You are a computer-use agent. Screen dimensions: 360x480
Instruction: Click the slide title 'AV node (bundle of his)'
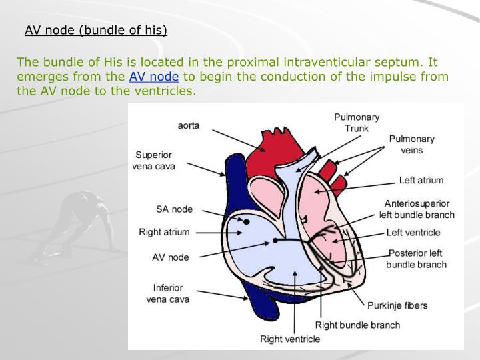[96, 30]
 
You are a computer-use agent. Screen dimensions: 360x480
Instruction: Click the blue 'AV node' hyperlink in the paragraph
[154, 76]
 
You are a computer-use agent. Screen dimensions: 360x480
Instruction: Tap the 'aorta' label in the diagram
[189, 125]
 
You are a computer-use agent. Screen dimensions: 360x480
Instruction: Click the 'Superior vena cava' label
[154, 161]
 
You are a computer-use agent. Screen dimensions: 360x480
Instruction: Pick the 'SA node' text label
[174, 209]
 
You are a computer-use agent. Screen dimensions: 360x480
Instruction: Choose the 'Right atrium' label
[164, 232]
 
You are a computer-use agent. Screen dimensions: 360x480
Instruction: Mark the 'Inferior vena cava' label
[167, 293]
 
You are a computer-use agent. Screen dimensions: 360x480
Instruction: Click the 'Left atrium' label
[421, 180]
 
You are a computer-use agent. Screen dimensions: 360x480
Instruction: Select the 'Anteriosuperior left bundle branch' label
[417, 209]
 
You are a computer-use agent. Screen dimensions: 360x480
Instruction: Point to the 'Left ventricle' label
[413, 233]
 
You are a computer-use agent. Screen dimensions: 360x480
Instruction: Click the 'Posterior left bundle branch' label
[417, 259]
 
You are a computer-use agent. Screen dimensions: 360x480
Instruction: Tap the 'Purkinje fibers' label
[397, 305]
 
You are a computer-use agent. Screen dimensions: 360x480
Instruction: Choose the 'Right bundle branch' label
[357, 325]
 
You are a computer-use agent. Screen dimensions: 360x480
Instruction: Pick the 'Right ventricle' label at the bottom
[290, 339]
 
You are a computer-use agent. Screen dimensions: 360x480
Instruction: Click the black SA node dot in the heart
[246, 221]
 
